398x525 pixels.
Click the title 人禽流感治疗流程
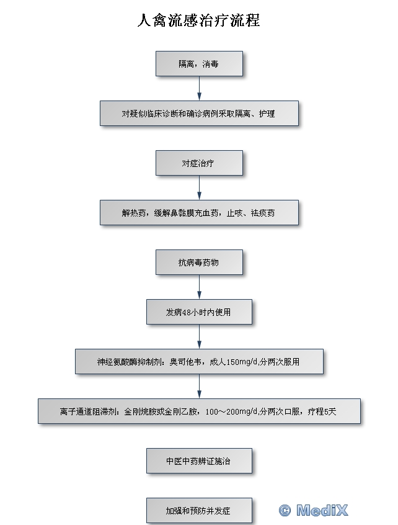198,20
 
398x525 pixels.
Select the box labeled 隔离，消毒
200,64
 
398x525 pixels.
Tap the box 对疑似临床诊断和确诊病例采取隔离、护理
200,113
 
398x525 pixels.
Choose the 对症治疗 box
200,163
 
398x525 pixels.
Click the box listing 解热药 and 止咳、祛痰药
200,213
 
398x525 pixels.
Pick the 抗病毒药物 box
200,262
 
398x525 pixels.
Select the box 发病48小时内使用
200,312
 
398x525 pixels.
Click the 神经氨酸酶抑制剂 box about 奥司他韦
200,362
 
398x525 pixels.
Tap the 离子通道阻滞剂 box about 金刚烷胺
200,411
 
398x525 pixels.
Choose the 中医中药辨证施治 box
200,460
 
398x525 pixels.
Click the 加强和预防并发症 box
200,511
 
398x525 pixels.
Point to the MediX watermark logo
314,510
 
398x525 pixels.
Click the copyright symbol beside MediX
285,511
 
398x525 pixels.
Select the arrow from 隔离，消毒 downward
200,88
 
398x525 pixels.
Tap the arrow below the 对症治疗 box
200,188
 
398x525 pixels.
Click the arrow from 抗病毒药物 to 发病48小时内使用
200,287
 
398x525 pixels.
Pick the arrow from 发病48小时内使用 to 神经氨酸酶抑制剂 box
200,336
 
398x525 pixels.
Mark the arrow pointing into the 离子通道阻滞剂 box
200,387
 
